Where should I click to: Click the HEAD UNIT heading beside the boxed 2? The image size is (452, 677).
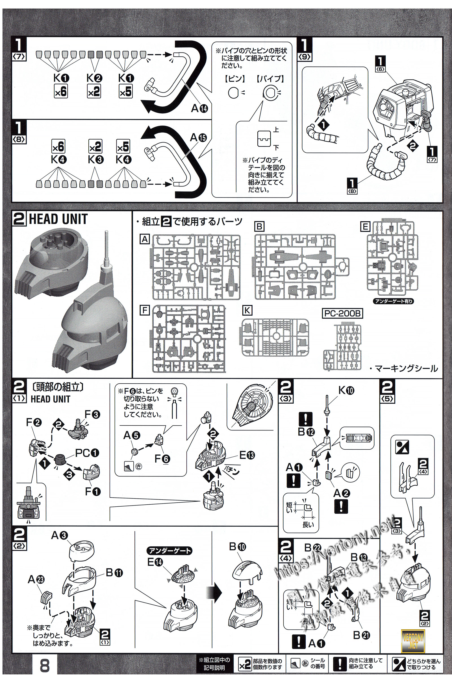click(58, 219)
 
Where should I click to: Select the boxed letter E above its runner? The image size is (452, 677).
click(365, 227)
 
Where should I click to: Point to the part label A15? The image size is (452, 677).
click(198, 138)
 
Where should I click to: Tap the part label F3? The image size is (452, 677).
click(92, 415)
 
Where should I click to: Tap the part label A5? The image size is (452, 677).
click(131, 436)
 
